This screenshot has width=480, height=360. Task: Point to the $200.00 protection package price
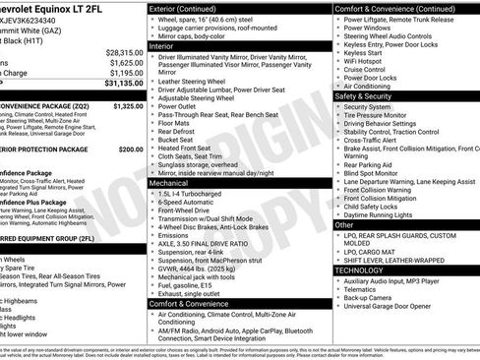tap(131, 150)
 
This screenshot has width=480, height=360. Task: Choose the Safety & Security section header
tap(364, 96)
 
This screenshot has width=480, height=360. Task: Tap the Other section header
tap(344, 224)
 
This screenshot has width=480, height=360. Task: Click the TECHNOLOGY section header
tap(358, 270)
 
